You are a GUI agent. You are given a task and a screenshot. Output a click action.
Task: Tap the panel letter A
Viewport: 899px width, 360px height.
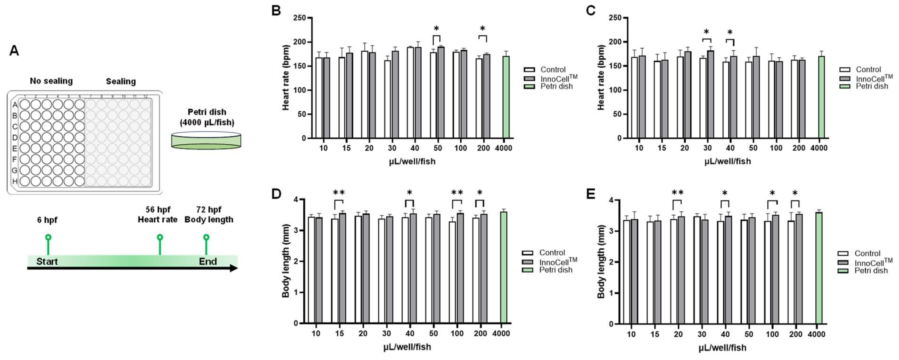click(14, 51)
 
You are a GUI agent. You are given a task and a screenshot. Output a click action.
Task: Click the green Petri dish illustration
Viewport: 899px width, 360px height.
click(206, 140)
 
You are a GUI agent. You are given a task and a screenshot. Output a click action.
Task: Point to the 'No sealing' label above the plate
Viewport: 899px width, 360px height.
click(51, 81)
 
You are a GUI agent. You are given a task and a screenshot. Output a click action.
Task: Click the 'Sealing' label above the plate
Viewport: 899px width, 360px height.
click(121, 81)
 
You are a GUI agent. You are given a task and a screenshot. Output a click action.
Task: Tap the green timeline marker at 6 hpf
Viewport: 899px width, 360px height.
click(48, 237)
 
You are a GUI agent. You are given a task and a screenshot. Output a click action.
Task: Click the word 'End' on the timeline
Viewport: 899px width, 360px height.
click(208, 261)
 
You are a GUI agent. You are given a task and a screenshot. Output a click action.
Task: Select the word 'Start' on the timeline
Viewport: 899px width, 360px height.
click(47, 261)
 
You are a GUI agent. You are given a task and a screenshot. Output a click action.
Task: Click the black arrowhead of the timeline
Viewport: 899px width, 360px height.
click(234, 268)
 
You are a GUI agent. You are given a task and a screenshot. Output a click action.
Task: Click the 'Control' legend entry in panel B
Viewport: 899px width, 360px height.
click(553, 69)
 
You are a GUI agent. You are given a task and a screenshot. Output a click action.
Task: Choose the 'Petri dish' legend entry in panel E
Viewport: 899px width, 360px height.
click(871, 271)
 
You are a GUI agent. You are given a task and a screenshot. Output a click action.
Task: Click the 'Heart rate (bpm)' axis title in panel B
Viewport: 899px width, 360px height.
click(286, 77)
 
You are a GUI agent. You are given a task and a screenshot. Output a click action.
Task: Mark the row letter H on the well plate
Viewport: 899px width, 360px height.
click(15, 181)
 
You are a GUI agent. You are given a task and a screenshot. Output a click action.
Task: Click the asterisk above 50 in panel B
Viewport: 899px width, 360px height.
click(436, 29)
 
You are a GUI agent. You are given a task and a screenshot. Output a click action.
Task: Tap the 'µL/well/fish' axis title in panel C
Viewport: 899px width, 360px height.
click(727, 161)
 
